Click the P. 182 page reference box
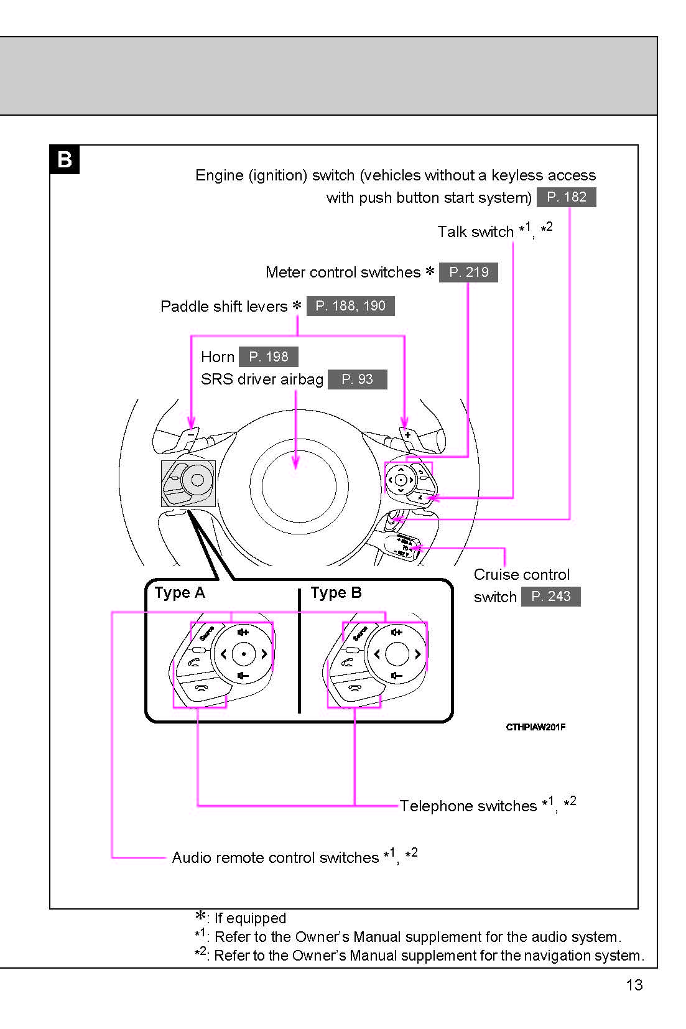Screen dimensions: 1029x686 point(566,197)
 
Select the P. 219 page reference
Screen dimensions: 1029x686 point(468,272)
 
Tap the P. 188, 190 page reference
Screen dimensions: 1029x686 point(350,306)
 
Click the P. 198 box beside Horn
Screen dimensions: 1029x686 point(268,357)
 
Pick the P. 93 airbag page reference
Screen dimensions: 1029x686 point(357,379)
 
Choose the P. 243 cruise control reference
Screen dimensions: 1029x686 point(550,597)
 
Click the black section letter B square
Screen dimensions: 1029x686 point(65,160)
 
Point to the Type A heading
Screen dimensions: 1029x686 point(179,593)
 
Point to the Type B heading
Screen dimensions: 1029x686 point(336,593)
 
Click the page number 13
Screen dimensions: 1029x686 point(634,985)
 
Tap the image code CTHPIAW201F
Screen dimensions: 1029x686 point(535,727)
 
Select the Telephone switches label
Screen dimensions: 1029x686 point(468,806)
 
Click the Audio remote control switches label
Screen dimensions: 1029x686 point(275,858)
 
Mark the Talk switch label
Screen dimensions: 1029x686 point(475,232)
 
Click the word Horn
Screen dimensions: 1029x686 point(218,357)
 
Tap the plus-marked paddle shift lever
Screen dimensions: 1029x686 point(407,435)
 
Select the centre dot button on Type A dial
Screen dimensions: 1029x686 point(244,654)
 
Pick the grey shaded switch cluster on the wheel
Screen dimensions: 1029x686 point(188,483)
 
